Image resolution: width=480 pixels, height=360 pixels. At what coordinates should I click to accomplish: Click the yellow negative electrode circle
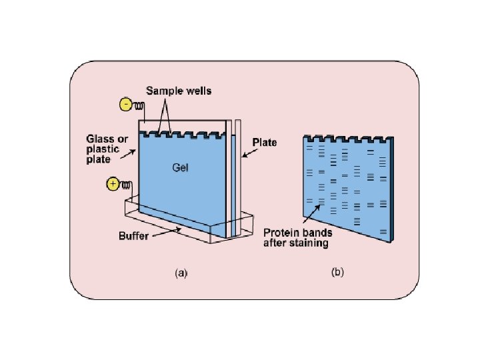126,104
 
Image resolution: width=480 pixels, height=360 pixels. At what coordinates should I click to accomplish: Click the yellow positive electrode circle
113,184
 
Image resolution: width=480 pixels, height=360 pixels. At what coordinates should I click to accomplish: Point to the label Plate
265,142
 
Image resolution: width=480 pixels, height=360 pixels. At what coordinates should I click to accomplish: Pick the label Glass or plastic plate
103,149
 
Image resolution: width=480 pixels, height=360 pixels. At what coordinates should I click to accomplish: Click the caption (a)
181,273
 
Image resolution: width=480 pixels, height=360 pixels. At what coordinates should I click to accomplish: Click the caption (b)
337,273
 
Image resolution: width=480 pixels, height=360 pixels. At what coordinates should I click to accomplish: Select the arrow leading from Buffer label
167,232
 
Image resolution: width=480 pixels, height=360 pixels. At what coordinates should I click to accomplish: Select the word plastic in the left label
103,149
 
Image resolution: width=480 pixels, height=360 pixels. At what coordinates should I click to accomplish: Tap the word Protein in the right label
279,233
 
